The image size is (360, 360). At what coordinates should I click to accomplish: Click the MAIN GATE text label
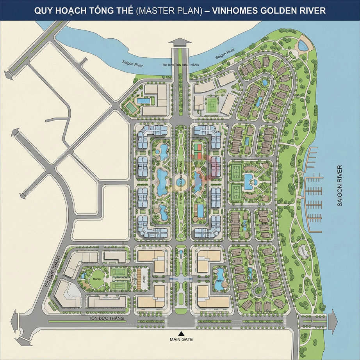[181, 339]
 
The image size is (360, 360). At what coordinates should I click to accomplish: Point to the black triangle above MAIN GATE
[180, 333]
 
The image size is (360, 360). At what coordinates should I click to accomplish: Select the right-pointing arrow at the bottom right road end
[333, 321]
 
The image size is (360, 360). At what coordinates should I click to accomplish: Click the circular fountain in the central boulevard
[180, 182]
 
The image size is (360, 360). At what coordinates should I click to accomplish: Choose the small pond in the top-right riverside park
[303, 45]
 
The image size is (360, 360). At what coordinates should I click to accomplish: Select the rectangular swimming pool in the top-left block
[143, 101]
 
